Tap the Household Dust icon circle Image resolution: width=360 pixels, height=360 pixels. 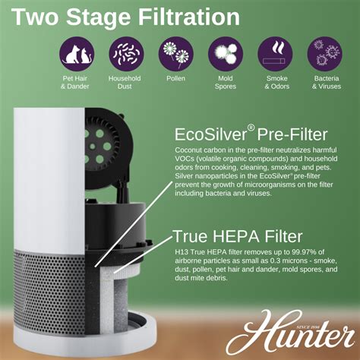point(125,54)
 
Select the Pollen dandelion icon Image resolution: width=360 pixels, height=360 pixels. point(175,54)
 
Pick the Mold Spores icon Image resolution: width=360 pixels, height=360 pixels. point(226,54)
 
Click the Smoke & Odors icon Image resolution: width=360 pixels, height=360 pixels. point(276,54)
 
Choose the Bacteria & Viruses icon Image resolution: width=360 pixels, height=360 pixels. point(326,54)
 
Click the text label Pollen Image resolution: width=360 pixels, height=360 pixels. point(175,78)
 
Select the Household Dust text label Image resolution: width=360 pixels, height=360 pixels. point(125,82)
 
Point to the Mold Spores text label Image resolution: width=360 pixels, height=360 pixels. point(226,82)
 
